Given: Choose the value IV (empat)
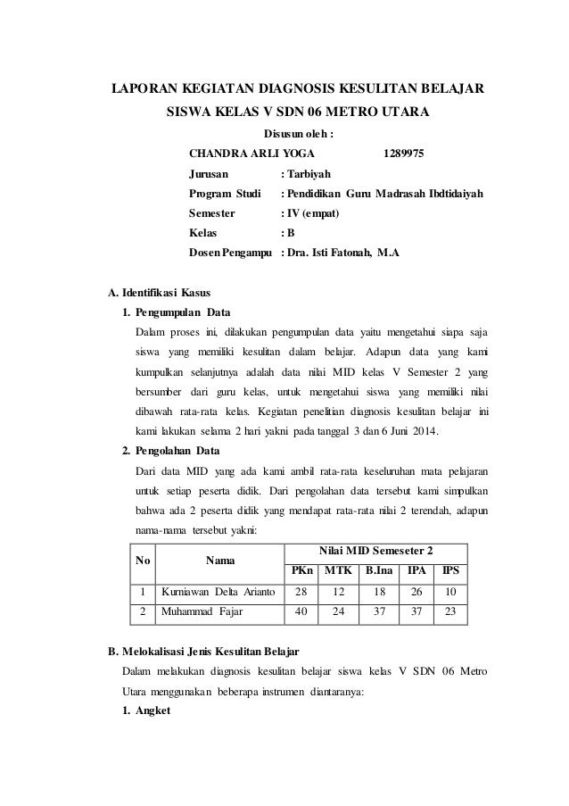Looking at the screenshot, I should pyautogui.click(x=313, y=212).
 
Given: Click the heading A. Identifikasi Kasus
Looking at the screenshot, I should pyautogui.click(x=160, y=291).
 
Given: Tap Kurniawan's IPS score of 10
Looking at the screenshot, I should pyautogui.click(x=449, y=592).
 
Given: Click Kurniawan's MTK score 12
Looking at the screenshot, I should pyautogui.click(x=337, y=592).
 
